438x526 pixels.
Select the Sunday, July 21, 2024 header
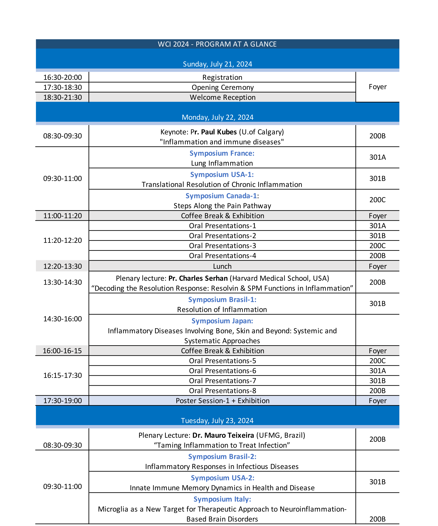(x=217, y=64)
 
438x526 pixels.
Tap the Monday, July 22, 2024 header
(x=217, y=117)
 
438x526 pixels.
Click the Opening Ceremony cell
(x=222, y=87)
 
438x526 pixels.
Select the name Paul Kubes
(x=219, y=132)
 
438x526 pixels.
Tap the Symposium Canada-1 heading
(x=222, y=196)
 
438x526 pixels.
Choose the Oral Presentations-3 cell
(x=222, y=246)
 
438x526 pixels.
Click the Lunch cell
(x=222, y=266)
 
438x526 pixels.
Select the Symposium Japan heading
(x=222, y=321)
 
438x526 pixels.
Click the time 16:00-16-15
(x=62, y=351)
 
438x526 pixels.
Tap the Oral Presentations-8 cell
(x=222, y=391)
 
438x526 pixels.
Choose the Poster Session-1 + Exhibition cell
(x=222, y=401)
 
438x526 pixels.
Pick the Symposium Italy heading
(x=222, y=499)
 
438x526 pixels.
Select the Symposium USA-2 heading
(x=222, y=478)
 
